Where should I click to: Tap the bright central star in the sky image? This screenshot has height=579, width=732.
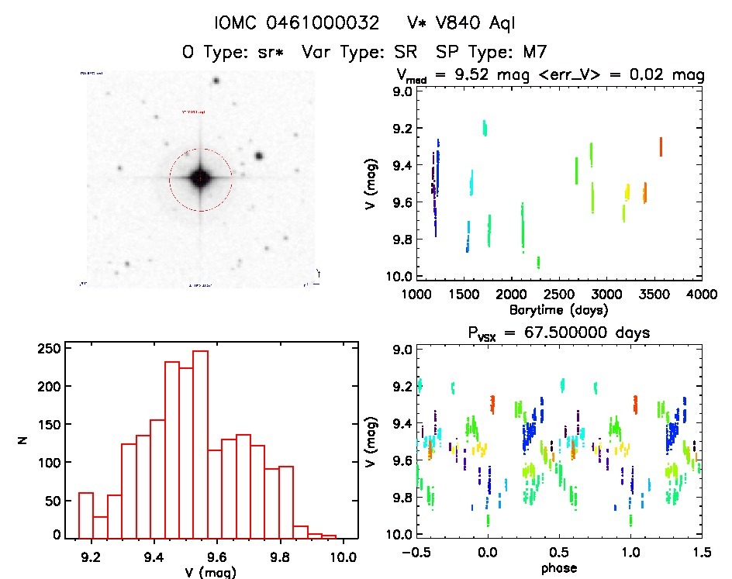200,178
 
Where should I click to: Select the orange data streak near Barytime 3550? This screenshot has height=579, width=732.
661,146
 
